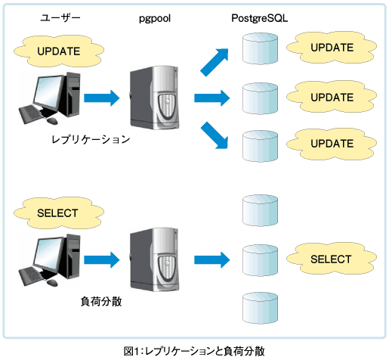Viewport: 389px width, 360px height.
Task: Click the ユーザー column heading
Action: [60, 18]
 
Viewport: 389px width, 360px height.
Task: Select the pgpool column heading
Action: [155, 19]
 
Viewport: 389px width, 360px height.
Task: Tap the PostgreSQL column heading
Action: [260, 18]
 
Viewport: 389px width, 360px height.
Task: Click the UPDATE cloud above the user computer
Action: [59, 51]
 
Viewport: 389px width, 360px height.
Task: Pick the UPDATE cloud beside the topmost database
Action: [332, 48]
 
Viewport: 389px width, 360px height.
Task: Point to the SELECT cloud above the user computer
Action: [59, 213]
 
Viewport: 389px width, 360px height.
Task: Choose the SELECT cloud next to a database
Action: [332, 259]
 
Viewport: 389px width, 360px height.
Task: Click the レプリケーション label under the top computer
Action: [91, 139]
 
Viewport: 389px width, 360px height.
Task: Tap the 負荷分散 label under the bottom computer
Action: [101, 301]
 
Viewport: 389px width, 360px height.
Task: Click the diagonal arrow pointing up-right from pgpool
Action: [215, 62]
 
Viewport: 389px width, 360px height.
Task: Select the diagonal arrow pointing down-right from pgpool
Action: [215, 135]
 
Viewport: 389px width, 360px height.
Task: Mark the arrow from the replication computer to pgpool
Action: [102, 98]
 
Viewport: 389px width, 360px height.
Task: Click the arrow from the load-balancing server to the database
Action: [212, 259]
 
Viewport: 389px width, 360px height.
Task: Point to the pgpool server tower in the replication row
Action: [154, 98]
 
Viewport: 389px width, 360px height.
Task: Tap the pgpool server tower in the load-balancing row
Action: [154, 259]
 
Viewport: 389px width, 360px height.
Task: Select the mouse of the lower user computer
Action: [52, 283]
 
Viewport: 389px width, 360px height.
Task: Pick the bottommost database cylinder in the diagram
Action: [260, 308]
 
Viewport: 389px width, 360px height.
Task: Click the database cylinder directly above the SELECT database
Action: [260, 210]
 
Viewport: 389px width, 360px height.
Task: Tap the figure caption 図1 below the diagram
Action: [194, 351]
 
